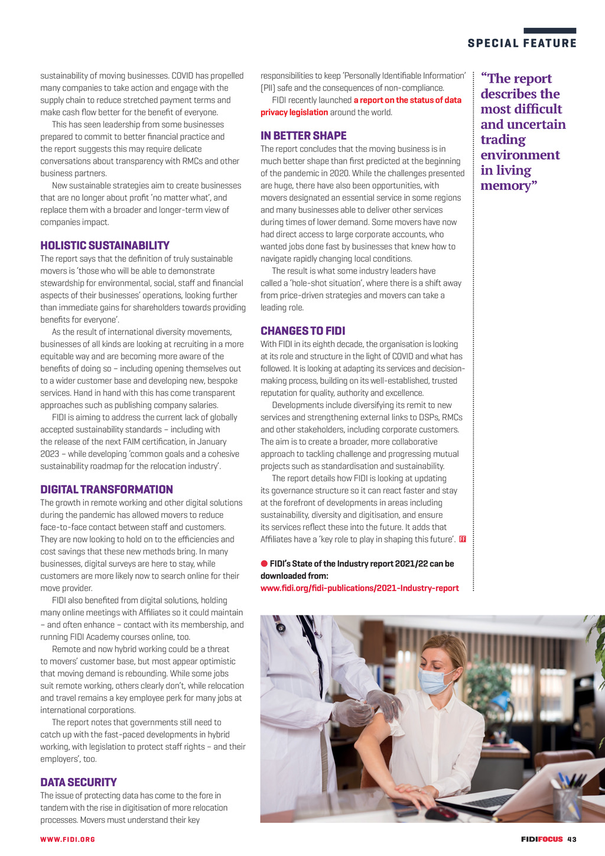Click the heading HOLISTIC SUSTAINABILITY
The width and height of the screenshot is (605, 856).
coord(105,245)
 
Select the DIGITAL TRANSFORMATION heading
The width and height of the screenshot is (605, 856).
coord(106,489)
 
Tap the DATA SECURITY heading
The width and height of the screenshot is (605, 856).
coord(79,782)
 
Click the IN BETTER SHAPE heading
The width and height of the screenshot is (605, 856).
coord(304,135)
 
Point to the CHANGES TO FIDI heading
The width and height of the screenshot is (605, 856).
coord(302,330)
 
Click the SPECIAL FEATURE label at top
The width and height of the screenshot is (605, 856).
coord(522,43)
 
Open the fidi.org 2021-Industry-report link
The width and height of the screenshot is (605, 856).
coord(359,588)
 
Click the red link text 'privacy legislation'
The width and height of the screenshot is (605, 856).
coord(294,112)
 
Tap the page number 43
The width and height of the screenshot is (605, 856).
coord(571,839)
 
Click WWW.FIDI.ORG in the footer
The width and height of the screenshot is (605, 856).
coord(67,839)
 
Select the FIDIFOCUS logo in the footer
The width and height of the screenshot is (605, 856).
coord(541,839)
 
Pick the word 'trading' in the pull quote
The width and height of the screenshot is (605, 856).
coord(503,140)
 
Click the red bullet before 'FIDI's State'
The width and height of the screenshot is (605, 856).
coord(264,563)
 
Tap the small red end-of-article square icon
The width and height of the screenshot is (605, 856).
coord(463,539)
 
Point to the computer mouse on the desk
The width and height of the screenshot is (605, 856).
coord(440,814)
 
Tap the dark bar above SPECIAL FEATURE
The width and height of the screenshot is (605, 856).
coord(549,31)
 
